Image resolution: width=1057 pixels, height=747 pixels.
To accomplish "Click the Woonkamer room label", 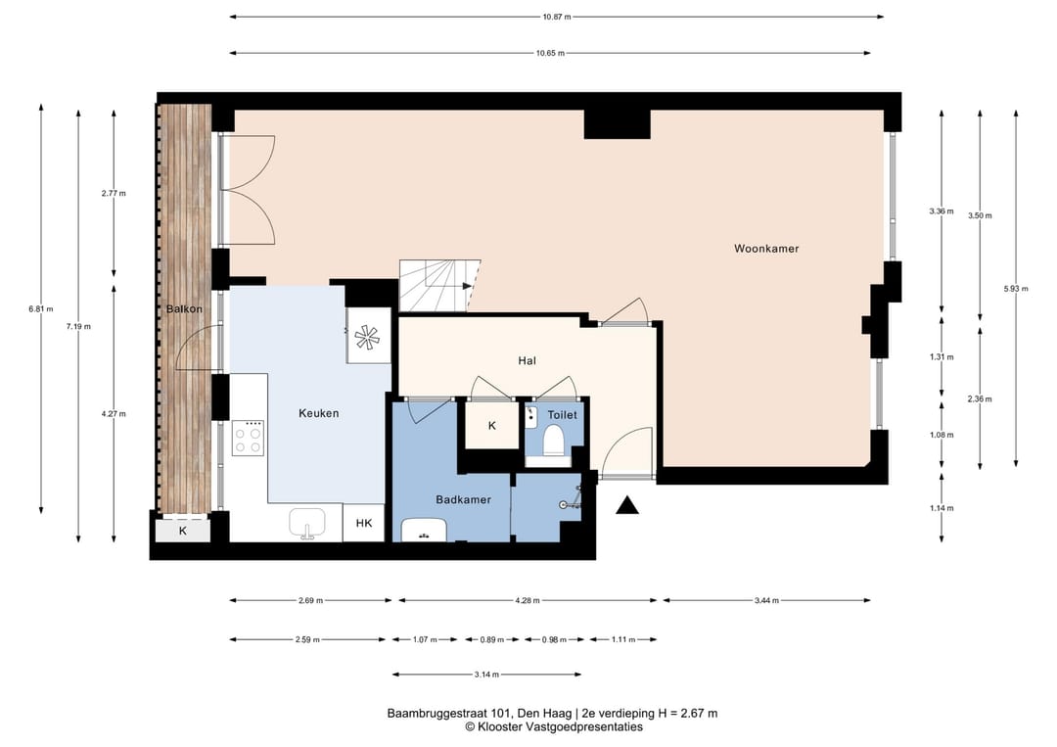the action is [x=766, y=249].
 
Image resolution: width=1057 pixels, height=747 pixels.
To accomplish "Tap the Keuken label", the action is [x=318, y=413].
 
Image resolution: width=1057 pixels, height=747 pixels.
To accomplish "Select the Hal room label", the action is [x=528, y=360].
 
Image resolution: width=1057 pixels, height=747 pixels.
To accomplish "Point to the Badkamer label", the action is [x=463, y=499].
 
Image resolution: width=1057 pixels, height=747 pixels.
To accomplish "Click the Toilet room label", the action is [x=562, y=415].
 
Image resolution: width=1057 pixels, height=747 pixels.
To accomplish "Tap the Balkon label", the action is [x=184, y=308].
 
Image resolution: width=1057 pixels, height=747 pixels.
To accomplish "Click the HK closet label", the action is [x=364, y=523].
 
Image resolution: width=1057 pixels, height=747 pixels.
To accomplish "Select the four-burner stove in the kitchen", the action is [x=248, y=439].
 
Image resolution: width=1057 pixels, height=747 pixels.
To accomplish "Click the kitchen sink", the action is [x=307, y=524].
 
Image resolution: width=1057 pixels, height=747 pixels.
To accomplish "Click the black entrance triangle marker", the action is [x=627, y=505].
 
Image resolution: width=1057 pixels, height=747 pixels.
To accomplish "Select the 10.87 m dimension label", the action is [x=557, y=17].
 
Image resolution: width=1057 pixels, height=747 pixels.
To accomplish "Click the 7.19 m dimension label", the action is [x=78, y=326].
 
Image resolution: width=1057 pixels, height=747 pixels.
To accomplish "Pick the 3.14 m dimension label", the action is [x=486, y=675].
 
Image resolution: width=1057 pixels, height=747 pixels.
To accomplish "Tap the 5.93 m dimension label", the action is [x=1016, y=289].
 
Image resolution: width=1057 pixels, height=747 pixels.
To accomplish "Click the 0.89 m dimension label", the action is [x=492, y=640].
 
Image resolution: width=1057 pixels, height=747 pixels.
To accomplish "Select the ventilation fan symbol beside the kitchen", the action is [x=368, y=336].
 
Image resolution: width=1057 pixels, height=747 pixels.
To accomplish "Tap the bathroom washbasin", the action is [x=424, y=530].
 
